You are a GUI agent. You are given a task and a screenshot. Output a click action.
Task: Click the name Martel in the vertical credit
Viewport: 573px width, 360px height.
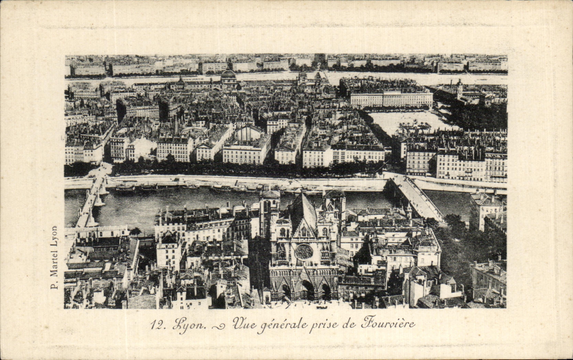(x=54, y=261)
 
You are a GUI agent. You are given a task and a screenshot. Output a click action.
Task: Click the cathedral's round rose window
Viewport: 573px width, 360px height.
(x=304, y=252)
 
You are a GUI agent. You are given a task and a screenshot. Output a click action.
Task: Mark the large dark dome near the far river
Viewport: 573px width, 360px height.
(x=228, y=75)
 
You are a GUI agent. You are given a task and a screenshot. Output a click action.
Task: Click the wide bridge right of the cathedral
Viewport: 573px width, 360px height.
(x=416, y=198)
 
